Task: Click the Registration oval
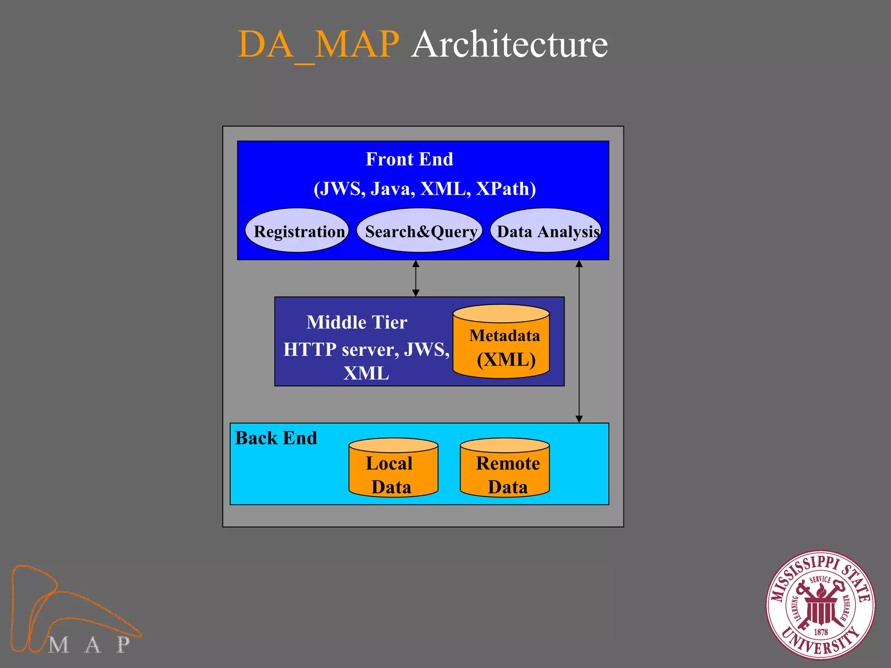[297, 230]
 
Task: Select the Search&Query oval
[420, 230]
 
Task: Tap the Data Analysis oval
[546, 230]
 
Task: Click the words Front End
[409, 159]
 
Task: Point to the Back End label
[276, 438]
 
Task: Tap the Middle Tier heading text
[357, 322]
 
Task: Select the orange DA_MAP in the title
[318, 44]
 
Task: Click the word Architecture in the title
[509, 44]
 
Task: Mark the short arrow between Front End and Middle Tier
[416, 278]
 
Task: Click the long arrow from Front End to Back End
[579, 341]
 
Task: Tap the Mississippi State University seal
[821, 605]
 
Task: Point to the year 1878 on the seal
[821, 632]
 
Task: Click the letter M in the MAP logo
[59, 645]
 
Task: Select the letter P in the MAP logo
[123, 644]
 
